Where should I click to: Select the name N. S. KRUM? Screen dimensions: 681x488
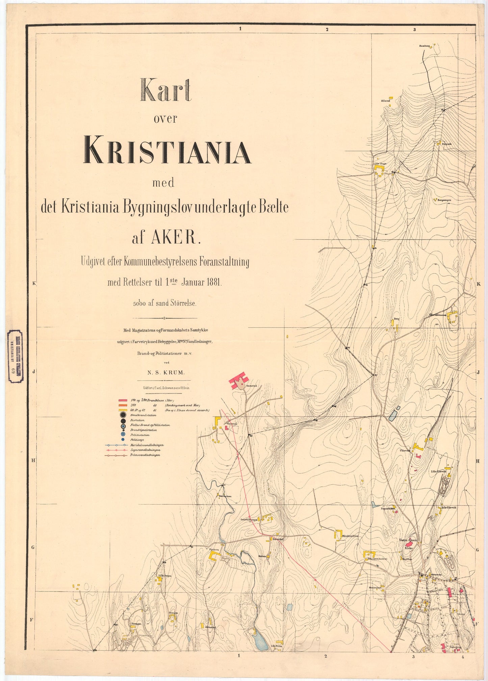tap(166, 372)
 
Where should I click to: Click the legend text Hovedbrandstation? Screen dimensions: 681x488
tap(143, 415)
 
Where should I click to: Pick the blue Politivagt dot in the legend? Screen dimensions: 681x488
tap(123, 440)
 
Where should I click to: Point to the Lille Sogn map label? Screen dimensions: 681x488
tap(379, 164)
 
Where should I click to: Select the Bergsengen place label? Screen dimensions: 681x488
tap(444, 200)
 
